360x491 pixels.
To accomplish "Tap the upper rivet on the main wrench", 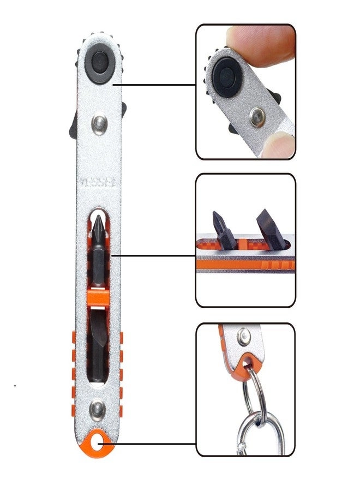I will (x=99, y=123).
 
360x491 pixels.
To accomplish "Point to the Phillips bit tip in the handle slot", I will (x=98, y=224).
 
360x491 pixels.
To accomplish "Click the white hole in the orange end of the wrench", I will (x=99, y=443).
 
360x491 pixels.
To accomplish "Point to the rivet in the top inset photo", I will (x=256, y=115).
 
